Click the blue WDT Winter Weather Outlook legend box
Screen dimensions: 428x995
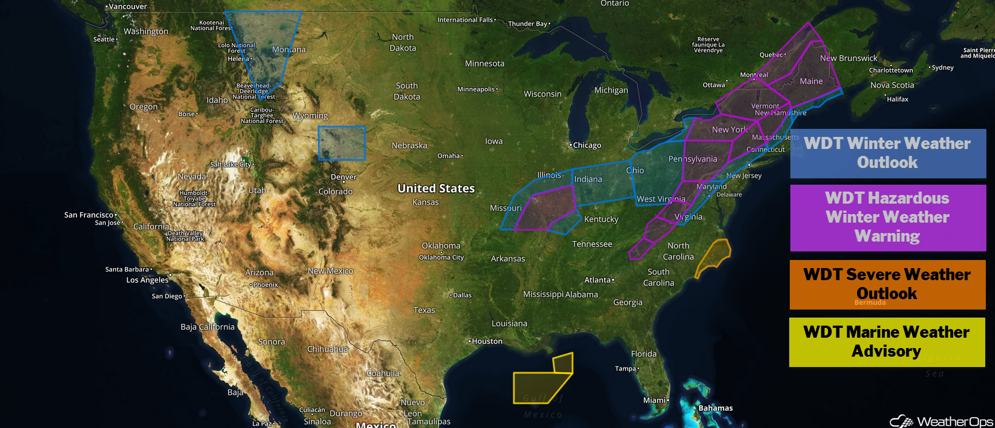pos(888,153)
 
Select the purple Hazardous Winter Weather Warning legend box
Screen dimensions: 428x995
pos(888,217)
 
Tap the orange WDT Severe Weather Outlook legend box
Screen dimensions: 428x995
pos(887,284)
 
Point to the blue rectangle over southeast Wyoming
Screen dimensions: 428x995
pos(341,143)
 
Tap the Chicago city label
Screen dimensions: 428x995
pos(586,146)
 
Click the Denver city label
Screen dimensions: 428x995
pos(343,177)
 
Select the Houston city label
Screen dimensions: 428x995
pos(487,341)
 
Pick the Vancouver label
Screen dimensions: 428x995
pos(128,6)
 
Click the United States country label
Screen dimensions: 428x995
pos(436,188)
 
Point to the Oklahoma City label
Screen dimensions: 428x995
pos(441,257)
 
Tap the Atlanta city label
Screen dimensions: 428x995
pos(598,280)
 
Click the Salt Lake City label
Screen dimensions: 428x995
pos(230,165)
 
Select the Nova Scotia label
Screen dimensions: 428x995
pos(892,85)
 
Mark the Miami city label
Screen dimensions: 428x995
pos(655,400)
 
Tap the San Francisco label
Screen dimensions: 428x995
pos(89,215)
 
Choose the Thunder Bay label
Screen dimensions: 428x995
pos(528,24)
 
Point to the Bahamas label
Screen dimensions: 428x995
pos(715,408)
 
